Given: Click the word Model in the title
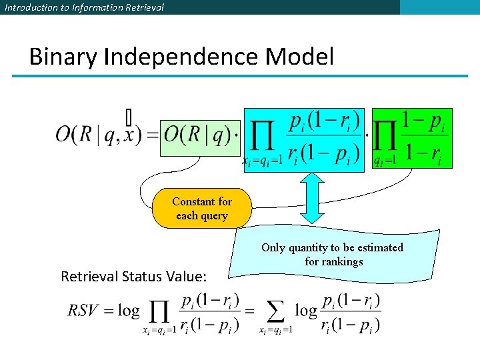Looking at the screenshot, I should click(299, 57).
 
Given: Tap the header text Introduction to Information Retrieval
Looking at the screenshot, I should click(84, 7).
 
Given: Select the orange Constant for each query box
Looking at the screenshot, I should click(202, 209).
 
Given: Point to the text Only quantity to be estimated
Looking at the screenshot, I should click(332, 247).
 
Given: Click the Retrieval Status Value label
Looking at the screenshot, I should click(133, 276).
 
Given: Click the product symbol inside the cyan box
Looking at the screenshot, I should click(264, 137).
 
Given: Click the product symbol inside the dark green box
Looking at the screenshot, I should click(384, 137).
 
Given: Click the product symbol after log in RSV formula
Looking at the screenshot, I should click(159, 311).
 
